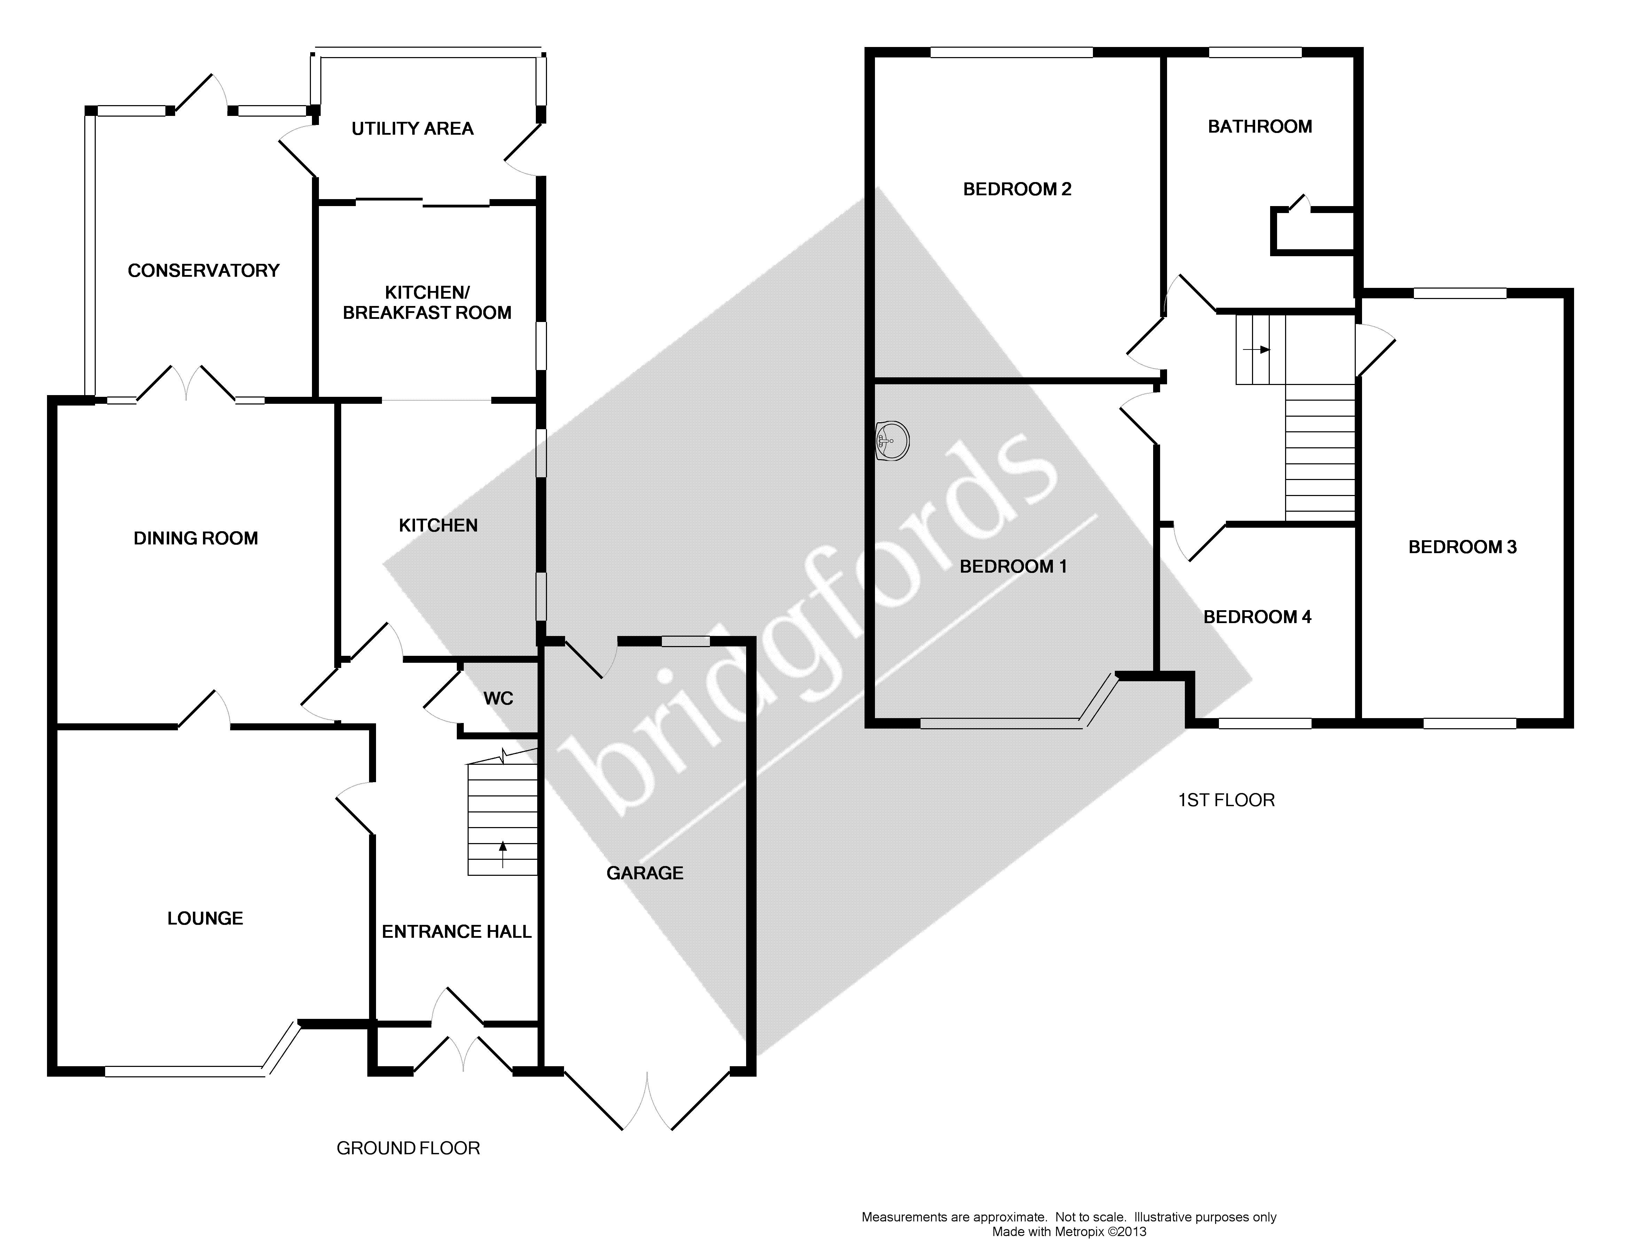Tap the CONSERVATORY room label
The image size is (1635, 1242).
tap(203, 270)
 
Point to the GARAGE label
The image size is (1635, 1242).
tap(645, 873)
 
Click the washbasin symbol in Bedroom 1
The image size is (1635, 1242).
tap(892, 441)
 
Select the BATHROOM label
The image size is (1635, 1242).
tap(1260, 126)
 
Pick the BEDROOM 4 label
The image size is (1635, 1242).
tap(1257, 616)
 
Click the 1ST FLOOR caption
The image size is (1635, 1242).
tap(1226, 800)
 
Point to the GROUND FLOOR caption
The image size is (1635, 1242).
tap(408, 1148)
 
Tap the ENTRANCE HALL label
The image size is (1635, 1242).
tap(456, 931)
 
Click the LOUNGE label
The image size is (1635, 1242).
tap(205, 918)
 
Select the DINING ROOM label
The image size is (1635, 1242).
tap(196, 538)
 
